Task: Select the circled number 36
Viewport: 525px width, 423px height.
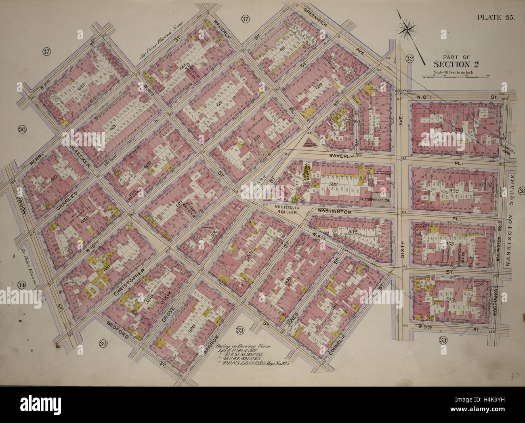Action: [x=22, y=129]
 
